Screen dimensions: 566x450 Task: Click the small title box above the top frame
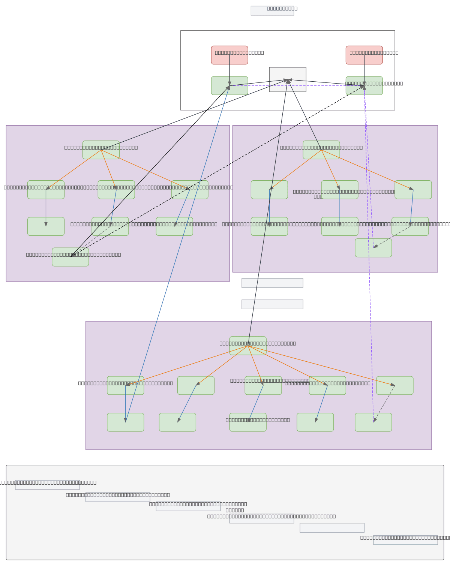click(x=272, y=10)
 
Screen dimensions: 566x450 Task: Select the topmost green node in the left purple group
click(x=101, y=150)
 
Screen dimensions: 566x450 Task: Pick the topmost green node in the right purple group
click(x=321, y=150)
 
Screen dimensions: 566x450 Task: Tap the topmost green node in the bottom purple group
click(x=248, y=346)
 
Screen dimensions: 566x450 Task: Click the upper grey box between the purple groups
click(x=272, y=283)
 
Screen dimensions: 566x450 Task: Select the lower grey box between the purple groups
click(x=272, y=304)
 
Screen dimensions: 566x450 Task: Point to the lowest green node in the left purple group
click(x=70, y=257)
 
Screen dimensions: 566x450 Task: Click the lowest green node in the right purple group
click(x=373, y=248)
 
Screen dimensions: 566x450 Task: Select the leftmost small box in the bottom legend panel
click(x=47, y=485)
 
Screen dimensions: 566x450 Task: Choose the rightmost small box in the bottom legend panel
click(x=405, y=540)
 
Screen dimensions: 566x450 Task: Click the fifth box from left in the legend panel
click(x=332, y=528)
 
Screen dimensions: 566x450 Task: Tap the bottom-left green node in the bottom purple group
click(x=125, y=422)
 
